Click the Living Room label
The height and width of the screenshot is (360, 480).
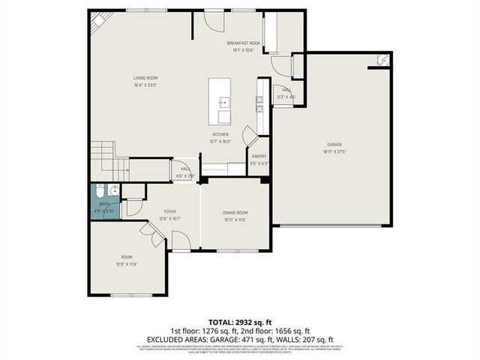[x=145, y=78]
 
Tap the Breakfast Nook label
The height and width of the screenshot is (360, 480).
[x=243, y=43]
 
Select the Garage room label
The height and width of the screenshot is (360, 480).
[x=334, y=144]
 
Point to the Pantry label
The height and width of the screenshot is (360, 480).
[x=259, y=156]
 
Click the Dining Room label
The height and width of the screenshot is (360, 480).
[x=235, y=213]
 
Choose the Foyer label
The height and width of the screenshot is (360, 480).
[x=170, y=211]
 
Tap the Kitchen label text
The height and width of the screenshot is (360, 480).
[x=220, y=134]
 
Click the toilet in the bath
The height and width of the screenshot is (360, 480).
[x=110, y=190]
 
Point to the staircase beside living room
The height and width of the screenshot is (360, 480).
[x=103, y=157]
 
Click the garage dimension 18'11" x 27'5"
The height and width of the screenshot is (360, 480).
[x=334, y=151]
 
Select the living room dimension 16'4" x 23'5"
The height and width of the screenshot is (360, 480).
[x=145, y=85]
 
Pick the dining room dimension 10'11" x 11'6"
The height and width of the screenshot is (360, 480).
[x=235, y=220]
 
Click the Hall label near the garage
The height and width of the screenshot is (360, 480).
[x=287, y=89]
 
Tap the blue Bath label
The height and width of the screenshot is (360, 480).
[x=103, y=204]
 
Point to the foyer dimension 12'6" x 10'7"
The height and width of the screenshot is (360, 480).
[x=170, y=218]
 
